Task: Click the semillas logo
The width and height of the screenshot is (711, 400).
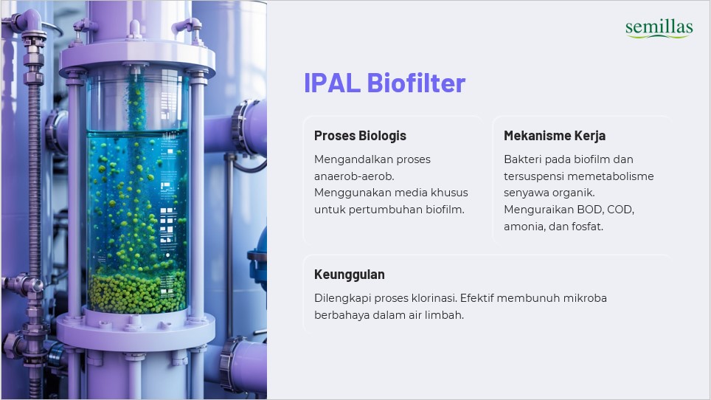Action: click(x=659, y=29)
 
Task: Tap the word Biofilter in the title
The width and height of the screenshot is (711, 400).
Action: click(x=416, y=83)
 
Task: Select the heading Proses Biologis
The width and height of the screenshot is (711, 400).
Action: click(x=360, y=136)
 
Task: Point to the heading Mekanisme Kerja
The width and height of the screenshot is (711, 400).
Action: click(x=555, y=136)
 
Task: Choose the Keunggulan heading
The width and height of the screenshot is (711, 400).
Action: click(x=349, y=275)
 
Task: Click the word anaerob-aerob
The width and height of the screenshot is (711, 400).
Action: click(x=354, y=176)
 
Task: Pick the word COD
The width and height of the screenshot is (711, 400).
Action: click(x=620, y=210)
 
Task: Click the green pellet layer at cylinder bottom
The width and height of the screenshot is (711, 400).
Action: click(x=136, y=292)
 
